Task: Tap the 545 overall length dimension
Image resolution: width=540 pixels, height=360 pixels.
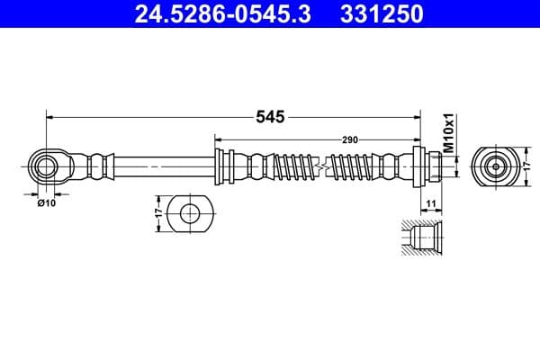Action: click(271, 117)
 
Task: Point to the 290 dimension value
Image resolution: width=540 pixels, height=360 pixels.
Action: click(350, 139)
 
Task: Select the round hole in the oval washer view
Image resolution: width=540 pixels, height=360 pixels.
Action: click(190, 214)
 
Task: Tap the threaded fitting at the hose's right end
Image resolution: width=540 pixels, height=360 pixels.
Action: click(431, 166)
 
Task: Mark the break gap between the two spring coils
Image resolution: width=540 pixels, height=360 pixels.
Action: click(324, 166)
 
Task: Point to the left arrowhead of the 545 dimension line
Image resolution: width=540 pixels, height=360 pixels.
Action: click(51, 117)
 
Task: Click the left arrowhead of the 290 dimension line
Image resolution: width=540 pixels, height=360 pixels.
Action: click(219, 139)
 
